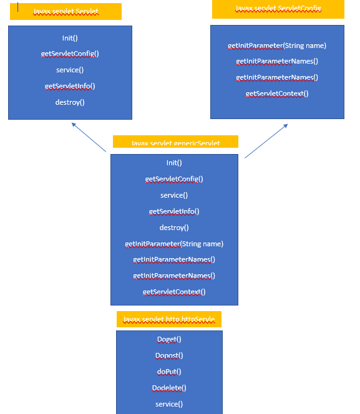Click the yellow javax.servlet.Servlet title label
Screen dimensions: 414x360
pyautogui.click(x=66, y=11)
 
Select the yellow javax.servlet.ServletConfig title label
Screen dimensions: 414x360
pyautogui.click(x=278, y=9)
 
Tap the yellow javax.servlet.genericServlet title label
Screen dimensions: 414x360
pyautogui.click(x=175, y=143)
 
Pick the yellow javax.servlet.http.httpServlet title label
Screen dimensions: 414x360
pyautogui.click(x=169, y=319)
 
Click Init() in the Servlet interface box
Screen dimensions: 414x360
pyautogui.click(x=70, y=38)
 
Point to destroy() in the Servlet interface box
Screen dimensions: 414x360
pyautogui.click(x=70, y=102)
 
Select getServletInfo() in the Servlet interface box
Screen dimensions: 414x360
pyautogui.click(x=70, y=86)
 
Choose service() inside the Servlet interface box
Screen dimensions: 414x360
pyautogui.click(x=70, y=70)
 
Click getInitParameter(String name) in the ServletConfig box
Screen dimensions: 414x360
pyautogui.click(x=277, y=46)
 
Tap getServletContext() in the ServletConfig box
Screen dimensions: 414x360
pyautogui.click(x=277, y=94)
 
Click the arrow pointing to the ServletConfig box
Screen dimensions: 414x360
pyautogui.click(x=266, y=140)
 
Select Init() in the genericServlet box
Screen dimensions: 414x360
pyautogui.click(x=174, y=163)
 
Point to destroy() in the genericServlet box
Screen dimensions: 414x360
pyautogui.click(x=174, y=228)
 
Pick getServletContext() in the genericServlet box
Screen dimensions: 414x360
pyautogui.click(x=174, y=292)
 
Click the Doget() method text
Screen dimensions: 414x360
pyautogui.click(x=169, y=339)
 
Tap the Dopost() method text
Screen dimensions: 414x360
pyautogui.click(x=169, y=355)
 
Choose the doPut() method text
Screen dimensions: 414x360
pyautogui.click(x=169, y=372)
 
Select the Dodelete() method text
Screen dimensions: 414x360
pyautogui.click(x=169, y=388)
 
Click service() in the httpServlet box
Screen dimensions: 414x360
pyautogui.click(x=169, y=404)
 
